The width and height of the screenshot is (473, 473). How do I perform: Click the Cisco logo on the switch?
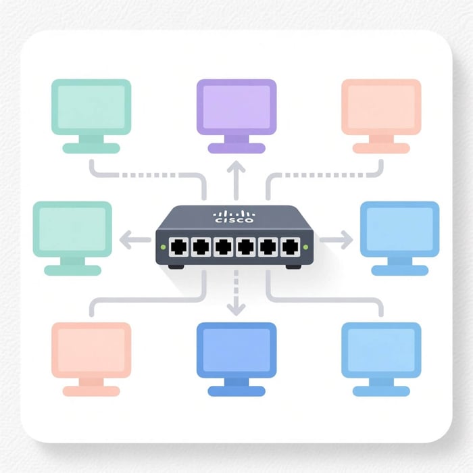click(234, 216)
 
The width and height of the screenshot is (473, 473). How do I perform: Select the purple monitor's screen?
click(236, 106)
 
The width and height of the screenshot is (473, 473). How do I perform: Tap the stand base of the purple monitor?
click(236, 149)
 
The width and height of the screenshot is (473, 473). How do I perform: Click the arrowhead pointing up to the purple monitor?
click(236, 166)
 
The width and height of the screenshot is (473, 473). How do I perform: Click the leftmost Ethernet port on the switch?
click(179, 247)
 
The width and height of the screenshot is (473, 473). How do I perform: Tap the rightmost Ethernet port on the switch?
click(291, 247)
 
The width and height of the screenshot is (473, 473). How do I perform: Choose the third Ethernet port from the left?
click(224, 247)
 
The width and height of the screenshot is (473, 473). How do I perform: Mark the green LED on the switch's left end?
click(162, 247)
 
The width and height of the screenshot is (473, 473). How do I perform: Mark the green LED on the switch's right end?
click(306, 247)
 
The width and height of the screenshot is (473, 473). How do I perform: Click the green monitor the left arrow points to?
click(72, 230)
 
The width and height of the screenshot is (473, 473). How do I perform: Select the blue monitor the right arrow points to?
click(399, 230)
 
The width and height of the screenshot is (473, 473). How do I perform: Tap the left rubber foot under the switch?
click(176, 266)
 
